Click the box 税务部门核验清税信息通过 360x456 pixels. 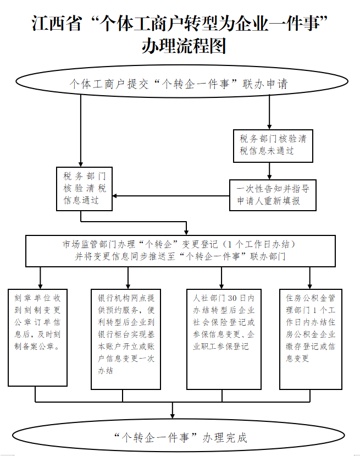(85, 188)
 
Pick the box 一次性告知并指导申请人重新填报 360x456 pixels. (273, 195)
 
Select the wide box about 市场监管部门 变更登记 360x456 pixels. (180, 250)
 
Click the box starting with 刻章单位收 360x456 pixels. (38, 337)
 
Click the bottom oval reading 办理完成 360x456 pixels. (180, 437)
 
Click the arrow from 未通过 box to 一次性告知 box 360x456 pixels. (270, 171)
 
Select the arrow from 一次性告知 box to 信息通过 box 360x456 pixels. (170, 195)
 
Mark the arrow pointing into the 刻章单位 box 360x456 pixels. (41, 278)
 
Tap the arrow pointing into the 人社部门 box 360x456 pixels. (221, 278)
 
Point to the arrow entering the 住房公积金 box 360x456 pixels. (311, 278)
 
